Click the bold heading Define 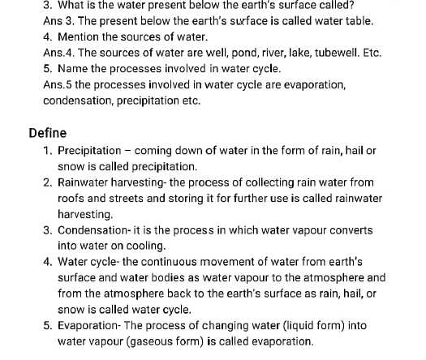pyautogui.click(x=47, y=133)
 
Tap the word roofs pyautogui.click(x=72, y=199)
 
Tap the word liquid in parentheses pyautogui.click(x=286, y=325)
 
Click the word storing pyautogui.click(x=203, y=199)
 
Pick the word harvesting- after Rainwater pyautogui.click(x=134, y=182)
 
